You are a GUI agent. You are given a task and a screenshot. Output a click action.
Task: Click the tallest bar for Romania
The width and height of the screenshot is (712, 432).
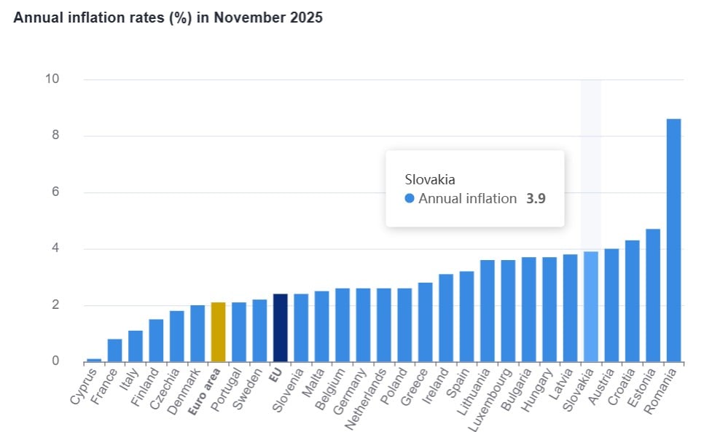point(673,240)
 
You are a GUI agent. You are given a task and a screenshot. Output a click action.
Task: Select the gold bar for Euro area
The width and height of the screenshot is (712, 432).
point(218,332)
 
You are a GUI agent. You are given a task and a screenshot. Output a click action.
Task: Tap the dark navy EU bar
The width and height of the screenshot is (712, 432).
point(280,328)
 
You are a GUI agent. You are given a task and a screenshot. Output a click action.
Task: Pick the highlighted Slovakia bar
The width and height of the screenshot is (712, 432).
point(590,307)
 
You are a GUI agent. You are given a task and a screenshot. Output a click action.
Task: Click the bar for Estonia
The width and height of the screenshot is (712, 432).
point(652,295)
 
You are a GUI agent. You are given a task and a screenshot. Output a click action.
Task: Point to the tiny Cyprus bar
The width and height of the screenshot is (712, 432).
point(94,360)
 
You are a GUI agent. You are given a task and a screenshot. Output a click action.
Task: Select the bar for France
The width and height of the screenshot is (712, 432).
point(114,350)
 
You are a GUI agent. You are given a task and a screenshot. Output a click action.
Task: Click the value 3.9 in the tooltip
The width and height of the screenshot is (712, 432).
point(536,198)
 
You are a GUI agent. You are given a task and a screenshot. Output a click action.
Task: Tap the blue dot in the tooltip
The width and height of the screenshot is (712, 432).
point(409,198)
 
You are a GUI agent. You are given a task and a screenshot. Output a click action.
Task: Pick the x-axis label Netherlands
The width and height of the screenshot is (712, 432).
point(369,394)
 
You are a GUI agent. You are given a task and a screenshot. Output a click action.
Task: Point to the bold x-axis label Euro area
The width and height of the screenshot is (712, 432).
point(205,390)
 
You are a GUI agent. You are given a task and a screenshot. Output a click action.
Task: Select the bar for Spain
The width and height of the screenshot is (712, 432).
point(466,316)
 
